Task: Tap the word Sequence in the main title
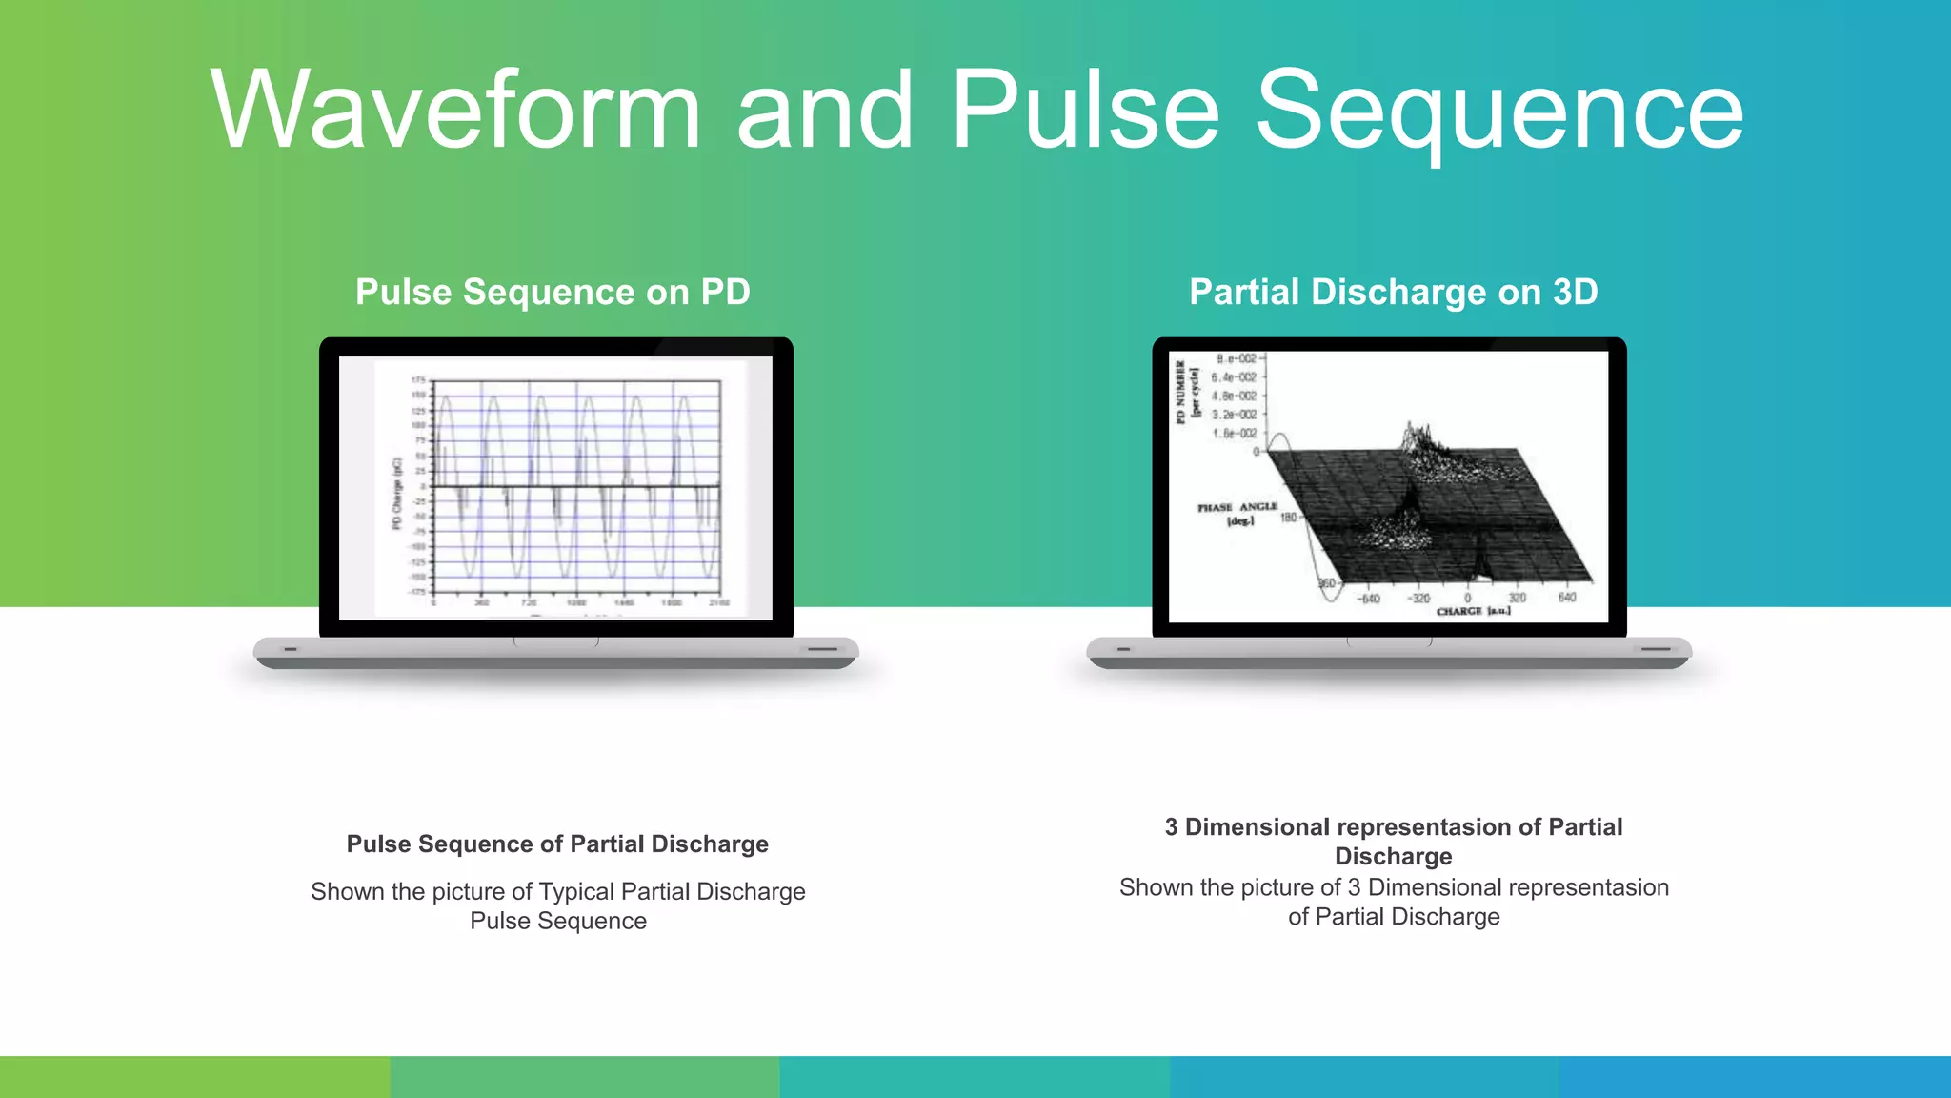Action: click(x=1499, y=112)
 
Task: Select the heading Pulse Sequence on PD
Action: click(x=553, y=292)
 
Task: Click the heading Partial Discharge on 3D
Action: click(x=1393, y=292)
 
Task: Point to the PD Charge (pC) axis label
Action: click(x=397, y=493)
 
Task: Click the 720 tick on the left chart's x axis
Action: click(x=529, y=603)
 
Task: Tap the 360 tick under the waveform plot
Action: click(x=482, y=603)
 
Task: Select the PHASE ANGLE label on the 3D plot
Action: click(x=1237, y=508)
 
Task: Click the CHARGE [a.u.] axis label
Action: click(x=1473, y=611)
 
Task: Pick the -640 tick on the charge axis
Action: click(x=1368, y=599)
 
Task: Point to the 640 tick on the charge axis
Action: click(x=1566, y=598)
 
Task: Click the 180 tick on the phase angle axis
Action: click(x=1288, y=518)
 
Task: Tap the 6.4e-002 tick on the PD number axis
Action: click(x=1234, y=377)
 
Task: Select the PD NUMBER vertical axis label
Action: click(x=1181, y=391)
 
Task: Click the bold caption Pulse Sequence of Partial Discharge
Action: click(x=557, y=844)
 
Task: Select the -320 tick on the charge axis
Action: click(x=1419, y=599)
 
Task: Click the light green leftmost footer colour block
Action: click(x=194, y=1077)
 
